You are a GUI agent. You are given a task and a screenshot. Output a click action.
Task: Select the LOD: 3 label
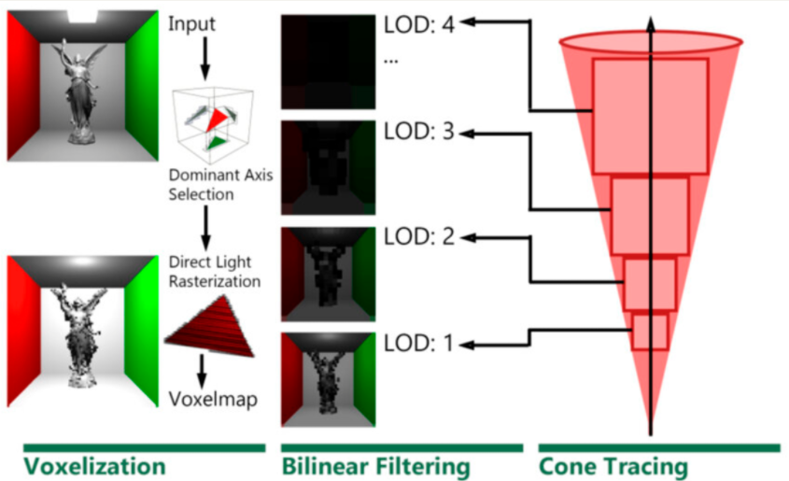coord(417,133)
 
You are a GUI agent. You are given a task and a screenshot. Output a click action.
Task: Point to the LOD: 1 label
coord(417,343)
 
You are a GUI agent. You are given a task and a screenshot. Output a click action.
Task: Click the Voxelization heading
coord(93,465)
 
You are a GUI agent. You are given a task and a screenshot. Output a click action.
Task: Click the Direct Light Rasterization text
coord(214,270)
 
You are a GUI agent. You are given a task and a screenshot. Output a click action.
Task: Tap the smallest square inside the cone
coord(650,332)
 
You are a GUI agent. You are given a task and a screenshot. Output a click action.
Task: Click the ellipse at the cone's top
coord(651,42)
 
